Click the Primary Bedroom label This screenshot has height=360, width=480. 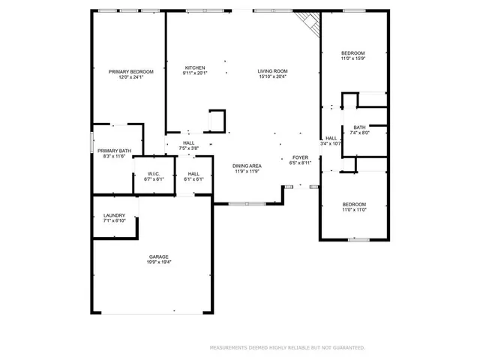click(126, 71)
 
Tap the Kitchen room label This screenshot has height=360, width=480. click(195, 67)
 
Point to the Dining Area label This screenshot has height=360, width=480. click(246, 166)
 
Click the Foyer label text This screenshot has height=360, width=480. click(300, 157)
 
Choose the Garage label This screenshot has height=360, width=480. click(158, 256)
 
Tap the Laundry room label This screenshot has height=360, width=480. click(114, 216)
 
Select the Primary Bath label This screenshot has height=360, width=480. click(113, 150)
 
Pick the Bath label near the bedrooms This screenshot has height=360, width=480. click(360, 127)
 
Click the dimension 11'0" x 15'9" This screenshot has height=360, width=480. click(353, 58)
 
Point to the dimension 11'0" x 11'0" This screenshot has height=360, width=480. click(354, 211)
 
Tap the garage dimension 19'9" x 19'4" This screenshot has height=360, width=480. click(158, 262)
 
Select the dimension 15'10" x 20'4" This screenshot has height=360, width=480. click(273, 76)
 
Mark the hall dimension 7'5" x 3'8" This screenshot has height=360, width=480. click(189, 148)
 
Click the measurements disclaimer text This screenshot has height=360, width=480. click(287, 348)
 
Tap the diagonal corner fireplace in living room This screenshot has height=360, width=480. click(309, 24)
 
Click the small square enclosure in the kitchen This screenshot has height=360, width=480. click(216, 120)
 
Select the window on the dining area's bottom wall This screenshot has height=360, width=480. click(247, 203)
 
